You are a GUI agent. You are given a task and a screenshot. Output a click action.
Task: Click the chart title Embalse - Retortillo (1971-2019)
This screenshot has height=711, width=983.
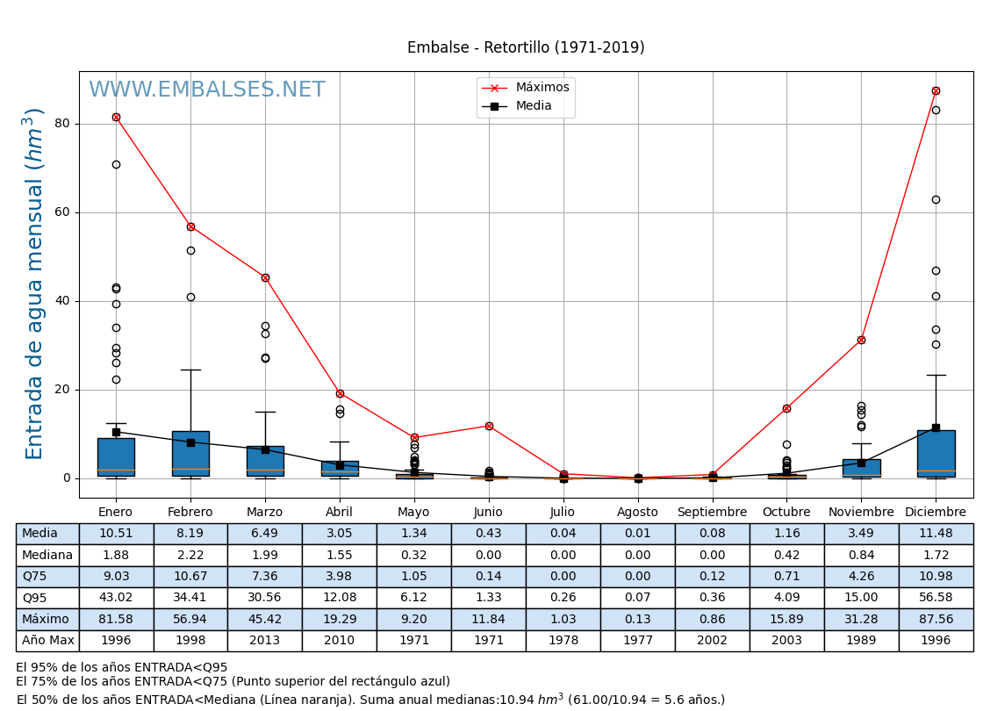click(x=526, y=47)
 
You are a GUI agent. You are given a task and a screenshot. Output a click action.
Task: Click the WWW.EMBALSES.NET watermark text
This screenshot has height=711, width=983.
click(x=207, y=90)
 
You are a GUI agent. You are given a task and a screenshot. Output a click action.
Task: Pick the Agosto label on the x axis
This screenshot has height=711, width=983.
click(x=637, y=513)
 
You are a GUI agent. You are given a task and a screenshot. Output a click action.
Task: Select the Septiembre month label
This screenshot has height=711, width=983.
click(x=712, y=513)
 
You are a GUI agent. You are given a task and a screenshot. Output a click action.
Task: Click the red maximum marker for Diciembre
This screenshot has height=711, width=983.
click(x=936, y=90)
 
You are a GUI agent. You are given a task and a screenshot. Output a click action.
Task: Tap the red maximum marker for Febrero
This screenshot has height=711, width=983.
click(x=190, y=226)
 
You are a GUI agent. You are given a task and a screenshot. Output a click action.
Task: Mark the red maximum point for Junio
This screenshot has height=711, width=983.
click(x=489, y=426)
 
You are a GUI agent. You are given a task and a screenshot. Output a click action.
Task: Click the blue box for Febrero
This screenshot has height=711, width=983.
click(x=190, y=453)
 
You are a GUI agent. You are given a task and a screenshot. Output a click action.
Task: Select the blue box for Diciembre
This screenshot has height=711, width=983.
click(x=936, y=454)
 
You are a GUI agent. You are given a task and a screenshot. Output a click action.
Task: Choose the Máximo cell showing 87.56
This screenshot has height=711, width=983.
click(x=936, y=620)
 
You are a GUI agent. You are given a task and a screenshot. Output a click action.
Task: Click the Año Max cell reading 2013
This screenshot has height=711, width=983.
click(x=265, y=641)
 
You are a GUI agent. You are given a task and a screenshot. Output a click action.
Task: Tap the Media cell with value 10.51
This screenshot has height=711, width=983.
click(x=116, y=534)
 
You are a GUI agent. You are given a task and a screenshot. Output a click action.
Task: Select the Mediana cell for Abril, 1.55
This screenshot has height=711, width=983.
click(x=340, y=555)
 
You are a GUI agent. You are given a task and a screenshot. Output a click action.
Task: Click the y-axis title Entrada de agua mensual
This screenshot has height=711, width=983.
click(x=35, y=284)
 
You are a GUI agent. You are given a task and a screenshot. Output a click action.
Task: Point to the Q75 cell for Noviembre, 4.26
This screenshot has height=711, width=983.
click(x=861, y=577)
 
